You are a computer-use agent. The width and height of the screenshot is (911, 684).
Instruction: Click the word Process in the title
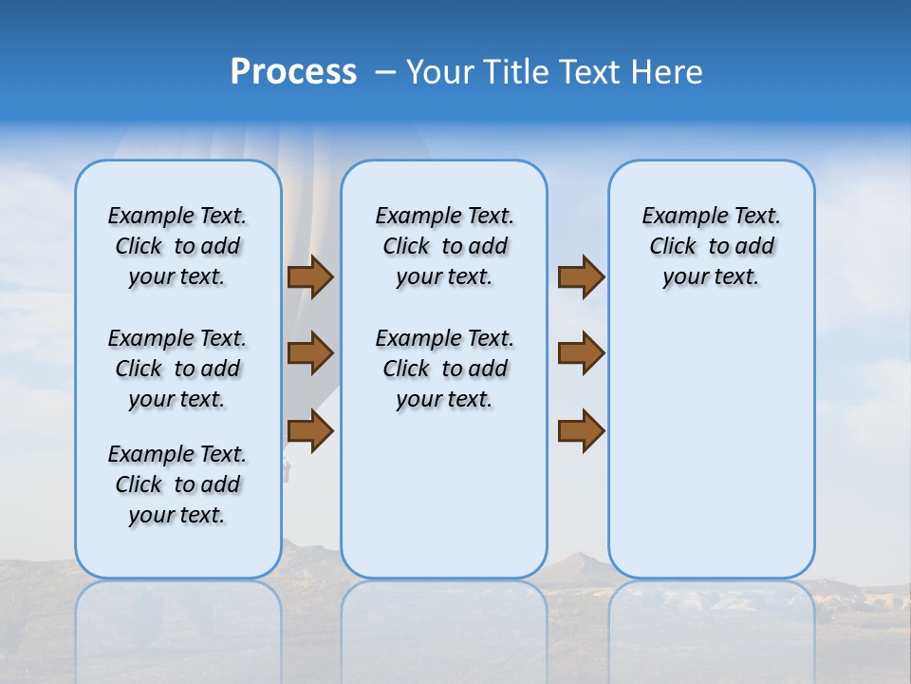pyautogui.click(x=293, y=72)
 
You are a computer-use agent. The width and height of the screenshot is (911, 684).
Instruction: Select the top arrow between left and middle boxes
pyautogui.click(x=310, y=277)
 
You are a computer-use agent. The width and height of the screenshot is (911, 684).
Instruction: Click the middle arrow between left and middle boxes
pyautogui.click(x=310, y=353)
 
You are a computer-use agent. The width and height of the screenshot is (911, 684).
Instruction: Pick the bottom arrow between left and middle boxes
pyautogui.click(x=310, y=430)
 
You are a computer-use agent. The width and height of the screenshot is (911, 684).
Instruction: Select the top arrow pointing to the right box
pyautogui.click(x=581, y=277)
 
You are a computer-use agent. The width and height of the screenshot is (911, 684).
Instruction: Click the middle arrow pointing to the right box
pyautogui.click(x=581, y=353)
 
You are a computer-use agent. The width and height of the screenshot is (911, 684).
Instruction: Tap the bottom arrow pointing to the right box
pyautogui.click(x=581, y=430)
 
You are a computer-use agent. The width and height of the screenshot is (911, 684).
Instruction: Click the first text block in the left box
pyautogui.click(x=177, y=246)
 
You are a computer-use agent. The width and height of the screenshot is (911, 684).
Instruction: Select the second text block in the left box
pyautogui.click(x=177, y=369)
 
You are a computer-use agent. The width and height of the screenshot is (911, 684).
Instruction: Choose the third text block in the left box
pyautogui.click(x=177, y=484)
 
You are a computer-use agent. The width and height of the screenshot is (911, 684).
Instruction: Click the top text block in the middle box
pyautogui.click(x=444, y=246)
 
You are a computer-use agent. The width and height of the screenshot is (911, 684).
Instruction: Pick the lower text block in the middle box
pyautogui.click(x=444, y=369)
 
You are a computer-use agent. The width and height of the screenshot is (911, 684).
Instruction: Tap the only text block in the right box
pyautogui.click(x=711, y=246)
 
